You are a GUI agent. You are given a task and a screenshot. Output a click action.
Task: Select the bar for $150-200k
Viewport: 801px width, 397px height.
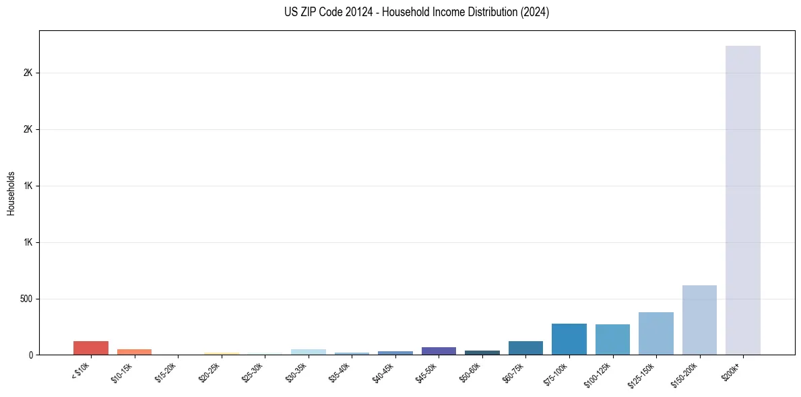tap(699, 320)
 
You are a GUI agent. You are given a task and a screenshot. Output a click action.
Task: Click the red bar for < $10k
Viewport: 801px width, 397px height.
tap(91, 348)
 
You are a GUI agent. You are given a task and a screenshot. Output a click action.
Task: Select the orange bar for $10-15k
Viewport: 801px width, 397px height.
tap(134, 351)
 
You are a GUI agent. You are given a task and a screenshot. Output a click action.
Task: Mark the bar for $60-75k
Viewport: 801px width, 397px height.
tap(525, 348)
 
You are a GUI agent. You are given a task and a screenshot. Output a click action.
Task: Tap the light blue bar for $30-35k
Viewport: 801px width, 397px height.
tap(308, 351)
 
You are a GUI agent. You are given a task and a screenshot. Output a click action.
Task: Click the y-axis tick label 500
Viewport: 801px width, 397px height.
tap(26, 299)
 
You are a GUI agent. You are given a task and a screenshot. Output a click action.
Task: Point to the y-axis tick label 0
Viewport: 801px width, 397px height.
tap(31, 355)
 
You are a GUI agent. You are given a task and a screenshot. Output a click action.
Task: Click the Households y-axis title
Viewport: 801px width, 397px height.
tap(11, 192)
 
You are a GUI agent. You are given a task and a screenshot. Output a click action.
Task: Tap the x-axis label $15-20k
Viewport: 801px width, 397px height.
tap(166, 373)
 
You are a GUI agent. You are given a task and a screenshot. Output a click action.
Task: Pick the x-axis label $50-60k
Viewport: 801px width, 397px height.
tap(470, 373)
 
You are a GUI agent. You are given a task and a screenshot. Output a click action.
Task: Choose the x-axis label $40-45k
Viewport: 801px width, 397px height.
tap(383, 373)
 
